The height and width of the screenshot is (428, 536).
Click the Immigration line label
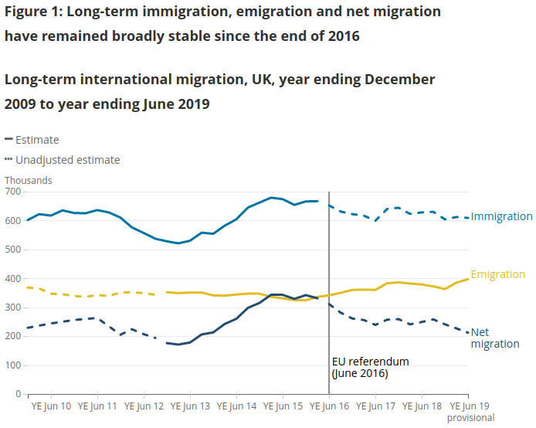(501, 217)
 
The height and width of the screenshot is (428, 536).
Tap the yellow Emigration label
(497, 275)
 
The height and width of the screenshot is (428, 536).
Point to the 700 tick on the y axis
(13, 192)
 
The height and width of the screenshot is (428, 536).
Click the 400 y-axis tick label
(13, 279)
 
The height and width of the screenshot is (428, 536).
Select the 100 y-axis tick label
(13, 365)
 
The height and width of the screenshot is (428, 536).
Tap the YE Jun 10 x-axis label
(50, 406)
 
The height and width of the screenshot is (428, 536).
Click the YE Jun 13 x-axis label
(189, 406)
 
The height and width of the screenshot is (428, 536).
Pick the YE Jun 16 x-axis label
(330, 406)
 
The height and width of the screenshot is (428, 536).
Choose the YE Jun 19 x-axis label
(470, 406)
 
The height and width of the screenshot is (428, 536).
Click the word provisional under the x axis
(470, 418)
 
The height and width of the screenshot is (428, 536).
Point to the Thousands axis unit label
(28, 181)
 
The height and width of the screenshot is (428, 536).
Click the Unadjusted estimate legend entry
(67, 160)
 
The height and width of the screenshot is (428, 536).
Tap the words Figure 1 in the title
(35, 12)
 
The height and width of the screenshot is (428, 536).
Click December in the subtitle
(396, 80)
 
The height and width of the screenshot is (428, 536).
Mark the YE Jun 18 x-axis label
(423, 406)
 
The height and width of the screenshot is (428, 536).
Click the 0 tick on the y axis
(18, 394)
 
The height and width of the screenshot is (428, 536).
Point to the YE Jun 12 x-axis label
(143, 406)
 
